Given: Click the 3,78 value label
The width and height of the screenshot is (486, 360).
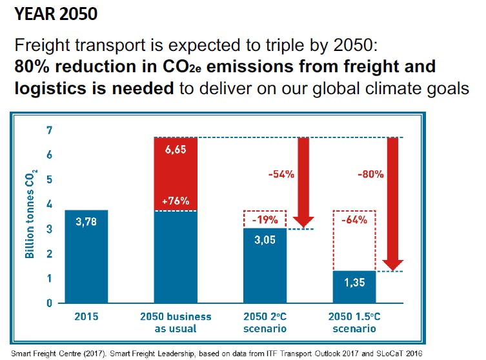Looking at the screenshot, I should pyautogui.click(x=86, y=223).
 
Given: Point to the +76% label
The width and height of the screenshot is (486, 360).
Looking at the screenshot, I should pyautogui.click(x=176, y=201).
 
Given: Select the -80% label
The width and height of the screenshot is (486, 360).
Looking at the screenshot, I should pyautogui.click(x=370, y=174).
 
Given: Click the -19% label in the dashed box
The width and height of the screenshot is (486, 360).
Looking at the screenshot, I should pyautogui.click(x=265, y=219).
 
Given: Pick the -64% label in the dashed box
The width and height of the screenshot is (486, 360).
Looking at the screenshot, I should pyautogui.click(x=354, y=219).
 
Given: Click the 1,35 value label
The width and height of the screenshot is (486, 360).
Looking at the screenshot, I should pyautogui.click(x=354, y=282).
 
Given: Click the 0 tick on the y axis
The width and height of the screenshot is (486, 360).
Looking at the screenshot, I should pyautogui.click(x=48, y=303).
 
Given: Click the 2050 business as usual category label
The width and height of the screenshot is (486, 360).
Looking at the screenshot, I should pyautogui.click(x=176, y=323).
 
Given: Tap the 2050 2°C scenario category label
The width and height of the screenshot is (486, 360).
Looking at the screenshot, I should pyautogui.click(x=265, y=323).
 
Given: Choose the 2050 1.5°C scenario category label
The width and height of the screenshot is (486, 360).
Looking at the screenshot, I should pyautogui.click(x=354, y=323).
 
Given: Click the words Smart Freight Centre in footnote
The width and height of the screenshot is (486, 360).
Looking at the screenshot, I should pyautogui.click(x=39, y=353).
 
